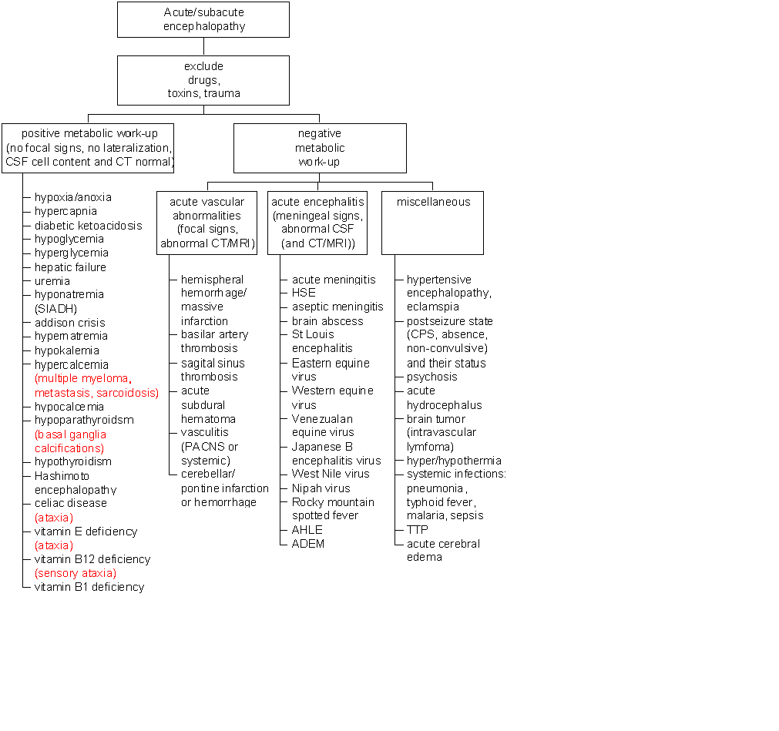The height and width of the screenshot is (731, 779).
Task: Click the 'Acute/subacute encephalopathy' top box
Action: (203, 19)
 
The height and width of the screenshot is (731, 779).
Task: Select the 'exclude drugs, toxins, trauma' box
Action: (203, 80)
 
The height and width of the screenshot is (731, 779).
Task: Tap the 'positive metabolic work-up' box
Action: (88, 148)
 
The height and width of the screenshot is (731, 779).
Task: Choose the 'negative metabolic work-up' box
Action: (320, 148)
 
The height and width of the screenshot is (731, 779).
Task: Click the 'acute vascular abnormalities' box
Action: (207, 223)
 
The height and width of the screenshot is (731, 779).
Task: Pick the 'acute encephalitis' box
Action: (317, 223)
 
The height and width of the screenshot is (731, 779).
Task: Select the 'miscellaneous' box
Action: (432, 223)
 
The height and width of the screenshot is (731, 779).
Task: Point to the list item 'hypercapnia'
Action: (65, 212)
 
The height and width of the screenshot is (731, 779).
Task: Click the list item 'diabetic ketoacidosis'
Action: (89, 226)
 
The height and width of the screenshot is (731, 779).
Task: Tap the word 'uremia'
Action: (52, 281)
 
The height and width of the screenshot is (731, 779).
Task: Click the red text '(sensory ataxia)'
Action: (76, 573)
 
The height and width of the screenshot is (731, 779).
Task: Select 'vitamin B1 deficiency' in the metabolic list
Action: (89, 587)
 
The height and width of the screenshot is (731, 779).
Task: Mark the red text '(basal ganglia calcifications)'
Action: (70, 441)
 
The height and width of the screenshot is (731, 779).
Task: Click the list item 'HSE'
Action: (304, 293)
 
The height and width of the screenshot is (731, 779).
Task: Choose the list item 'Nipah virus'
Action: (321, 488)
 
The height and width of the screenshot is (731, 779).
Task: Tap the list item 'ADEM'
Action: (308, 544)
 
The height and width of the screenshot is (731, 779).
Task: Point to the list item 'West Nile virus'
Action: (331, 474)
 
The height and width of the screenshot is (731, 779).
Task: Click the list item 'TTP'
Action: (418, 529)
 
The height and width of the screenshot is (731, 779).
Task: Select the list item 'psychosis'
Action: (431, 377)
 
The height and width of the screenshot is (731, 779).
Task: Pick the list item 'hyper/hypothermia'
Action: (454, 461)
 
